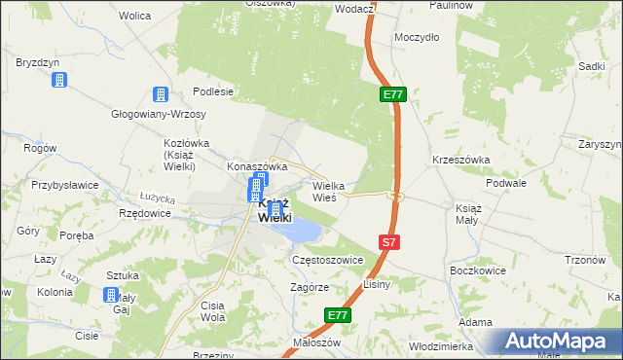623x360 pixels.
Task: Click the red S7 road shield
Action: (x=388, y=241)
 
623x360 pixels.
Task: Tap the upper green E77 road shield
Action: (x=392, y=94)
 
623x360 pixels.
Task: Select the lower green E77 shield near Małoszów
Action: (x=337, y=315)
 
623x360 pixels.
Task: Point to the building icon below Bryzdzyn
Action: (x=59, y=79)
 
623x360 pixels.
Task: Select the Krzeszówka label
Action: (x=460, y=160)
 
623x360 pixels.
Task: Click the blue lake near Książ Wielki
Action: (x=303, y=231)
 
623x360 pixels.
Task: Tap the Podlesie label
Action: (x=213, y=91)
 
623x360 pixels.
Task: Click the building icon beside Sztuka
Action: (x=112, y=295)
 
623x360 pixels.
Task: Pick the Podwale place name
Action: (x=507, y=182)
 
